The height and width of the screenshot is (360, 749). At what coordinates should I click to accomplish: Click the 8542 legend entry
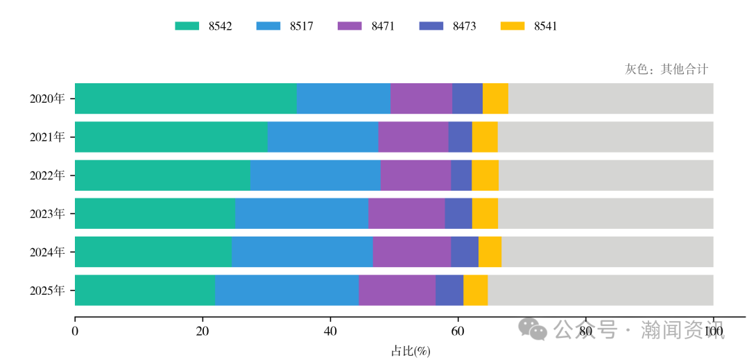coord(203,26)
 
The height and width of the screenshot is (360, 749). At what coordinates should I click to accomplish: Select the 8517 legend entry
coord(284,26)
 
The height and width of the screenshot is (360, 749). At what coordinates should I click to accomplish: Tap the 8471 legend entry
coord(366,26)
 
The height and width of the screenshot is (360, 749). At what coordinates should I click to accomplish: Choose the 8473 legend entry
coord(447,26)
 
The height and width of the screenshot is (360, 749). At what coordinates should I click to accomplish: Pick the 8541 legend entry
coord(528,26)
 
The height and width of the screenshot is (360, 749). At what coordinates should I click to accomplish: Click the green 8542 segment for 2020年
coord(185,98)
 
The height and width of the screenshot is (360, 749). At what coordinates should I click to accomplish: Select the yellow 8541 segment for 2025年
coord(475,290)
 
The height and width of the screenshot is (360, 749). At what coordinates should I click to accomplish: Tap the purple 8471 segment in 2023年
coord(406,214)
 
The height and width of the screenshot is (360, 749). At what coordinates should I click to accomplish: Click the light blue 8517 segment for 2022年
coord(315,175)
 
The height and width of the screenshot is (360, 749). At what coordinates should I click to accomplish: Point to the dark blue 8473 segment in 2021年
coord(460,137)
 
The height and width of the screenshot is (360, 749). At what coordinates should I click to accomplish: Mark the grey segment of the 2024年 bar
coord(607,252)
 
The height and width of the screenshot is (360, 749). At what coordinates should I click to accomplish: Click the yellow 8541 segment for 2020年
coord(495,98)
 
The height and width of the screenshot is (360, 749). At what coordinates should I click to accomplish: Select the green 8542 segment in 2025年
coord(144,290)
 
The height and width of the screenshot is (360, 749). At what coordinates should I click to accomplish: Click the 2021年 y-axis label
coord(47,137)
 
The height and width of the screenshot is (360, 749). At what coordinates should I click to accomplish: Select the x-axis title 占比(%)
coord(411,351)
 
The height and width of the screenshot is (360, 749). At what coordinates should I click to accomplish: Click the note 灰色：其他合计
coord(666,69)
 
